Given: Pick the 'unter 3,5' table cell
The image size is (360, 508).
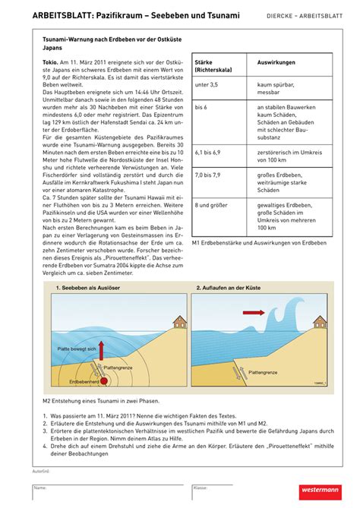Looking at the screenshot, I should [x=207, y=89].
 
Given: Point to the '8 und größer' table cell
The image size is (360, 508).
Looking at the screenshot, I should [x=213, y=204].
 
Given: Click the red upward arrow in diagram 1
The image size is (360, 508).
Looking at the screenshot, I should [x=102, y=349].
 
